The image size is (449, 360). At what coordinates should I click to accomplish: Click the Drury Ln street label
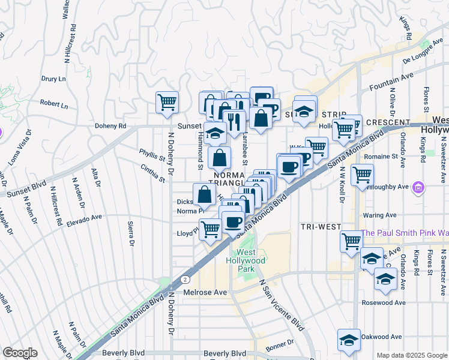coord(53,79)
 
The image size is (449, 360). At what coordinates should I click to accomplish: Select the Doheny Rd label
coord(111,126)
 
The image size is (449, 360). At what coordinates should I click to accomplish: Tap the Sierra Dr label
coord(130,233)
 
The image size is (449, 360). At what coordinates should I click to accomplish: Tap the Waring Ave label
coord(379,215)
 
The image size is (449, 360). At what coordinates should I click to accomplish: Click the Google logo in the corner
coord(20,353)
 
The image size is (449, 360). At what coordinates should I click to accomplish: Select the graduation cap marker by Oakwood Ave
coord(348,340)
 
